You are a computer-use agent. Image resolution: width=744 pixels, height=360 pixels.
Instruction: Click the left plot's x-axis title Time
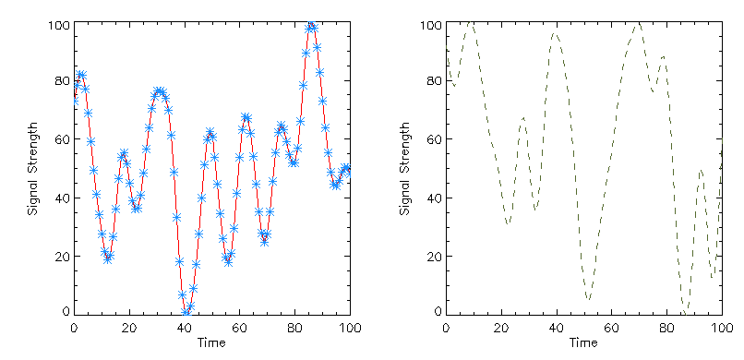[x=211, y=343]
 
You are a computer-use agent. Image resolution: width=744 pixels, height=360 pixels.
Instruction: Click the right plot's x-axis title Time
[x=583, y=343]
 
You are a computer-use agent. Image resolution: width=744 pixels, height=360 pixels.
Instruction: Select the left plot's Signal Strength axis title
[x=33, y=168]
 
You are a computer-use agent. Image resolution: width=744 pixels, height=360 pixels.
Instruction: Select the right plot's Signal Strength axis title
[x=405, y=168]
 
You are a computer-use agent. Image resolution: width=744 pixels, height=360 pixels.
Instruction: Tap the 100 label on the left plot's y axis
[x=57, y=25]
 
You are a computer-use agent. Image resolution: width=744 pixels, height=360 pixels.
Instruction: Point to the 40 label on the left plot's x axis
[x=185, y=328]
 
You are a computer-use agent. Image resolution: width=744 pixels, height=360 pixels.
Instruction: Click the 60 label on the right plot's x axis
[x=611, y=328]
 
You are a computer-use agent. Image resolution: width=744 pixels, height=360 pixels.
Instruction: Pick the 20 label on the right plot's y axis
[x=433, y=257]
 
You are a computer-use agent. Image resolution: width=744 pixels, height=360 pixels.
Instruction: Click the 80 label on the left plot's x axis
[x=294, y=328]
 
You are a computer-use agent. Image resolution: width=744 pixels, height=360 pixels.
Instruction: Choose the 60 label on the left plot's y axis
[x=61, y=140]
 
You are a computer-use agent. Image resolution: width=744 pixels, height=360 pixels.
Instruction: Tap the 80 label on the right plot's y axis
[x=433, y=82]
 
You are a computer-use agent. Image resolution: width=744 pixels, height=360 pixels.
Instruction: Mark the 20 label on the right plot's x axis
[x=501, y=328]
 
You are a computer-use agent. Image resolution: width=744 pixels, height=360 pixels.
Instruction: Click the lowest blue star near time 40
[x=186, y=313]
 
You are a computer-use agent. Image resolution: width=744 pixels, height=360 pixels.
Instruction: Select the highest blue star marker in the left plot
[x=312, y=27]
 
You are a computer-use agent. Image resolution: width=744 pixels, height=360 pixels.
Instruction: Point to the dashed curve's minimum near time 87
[x=685, y=310]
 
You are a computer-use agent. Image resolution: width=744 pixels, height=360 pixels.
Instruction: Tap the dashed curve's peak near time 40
[x=555, y=33]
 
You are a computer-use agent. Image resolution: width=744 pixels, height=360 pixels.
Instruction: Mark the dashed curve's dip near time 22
[x=508, y=225]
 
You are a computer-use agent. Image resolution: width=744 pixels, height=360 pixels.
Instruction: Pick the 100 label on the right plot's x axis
[x=718, y=328]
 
